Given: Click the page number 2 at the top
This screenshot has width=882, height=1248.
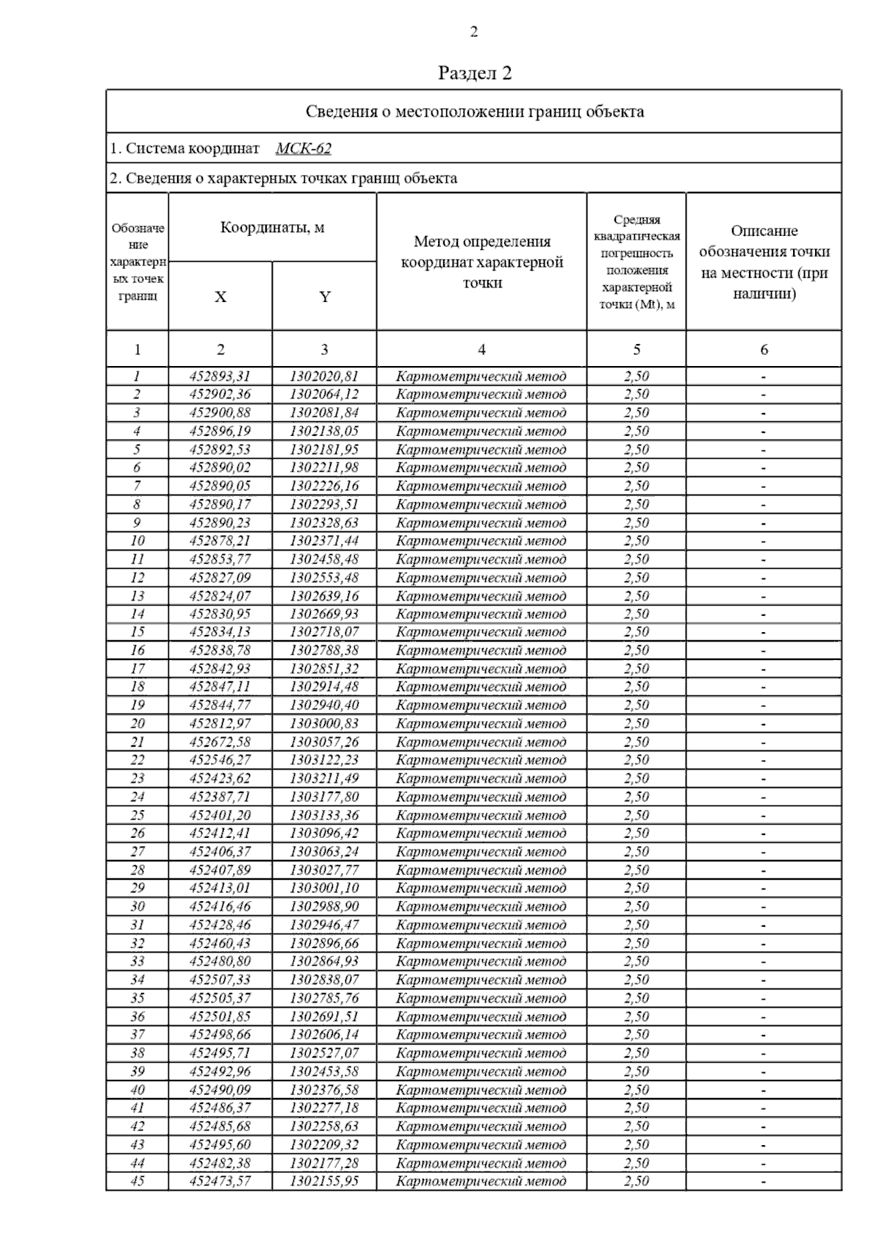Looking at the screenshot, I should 473,32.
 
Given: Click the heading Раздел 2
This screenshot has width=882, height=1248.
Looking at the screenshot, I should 474,73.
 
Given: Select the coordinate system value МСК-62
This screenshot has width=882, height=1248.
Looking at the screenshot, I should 304,148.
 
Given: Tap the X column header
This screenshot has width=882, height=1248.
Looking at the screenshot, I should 220,297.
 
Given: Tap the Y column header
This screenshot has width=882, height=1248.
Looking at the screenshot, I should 324,297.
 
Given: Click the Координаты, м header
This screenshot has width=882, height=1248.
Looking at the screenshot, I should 272,228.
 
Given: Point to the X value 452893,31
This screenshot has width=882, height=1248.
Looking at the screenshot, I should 220,376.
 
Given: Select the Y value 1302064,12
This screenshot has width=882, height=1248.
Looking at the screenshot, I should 324,395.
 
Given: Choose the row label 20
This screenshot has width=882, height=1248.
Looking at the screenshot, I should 137,724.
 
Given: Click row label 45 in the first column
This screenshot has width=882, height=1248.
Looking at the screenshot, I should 137,1181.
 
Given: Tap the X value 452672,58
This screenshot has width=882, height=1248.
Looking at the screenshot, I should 220,742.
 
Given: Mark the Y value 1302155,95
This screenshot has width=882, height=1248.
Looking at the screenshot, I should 324,1181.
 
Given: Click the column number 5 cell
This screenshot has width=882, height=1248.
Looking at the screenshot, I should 637,350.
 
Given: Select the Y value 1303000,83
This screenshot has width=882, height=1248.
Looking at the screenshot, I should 324,724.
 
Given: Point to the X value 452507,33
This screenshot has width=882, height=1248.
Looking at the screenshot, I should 220,980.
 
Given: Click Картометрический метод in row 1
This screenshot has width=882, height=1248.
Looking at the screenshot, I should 481,376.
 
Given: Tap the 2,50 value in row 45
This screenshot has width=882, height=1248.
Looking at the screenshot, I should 637,1181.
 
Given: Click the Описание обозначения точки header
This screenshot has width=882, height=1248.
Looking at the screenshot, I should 764,262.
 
